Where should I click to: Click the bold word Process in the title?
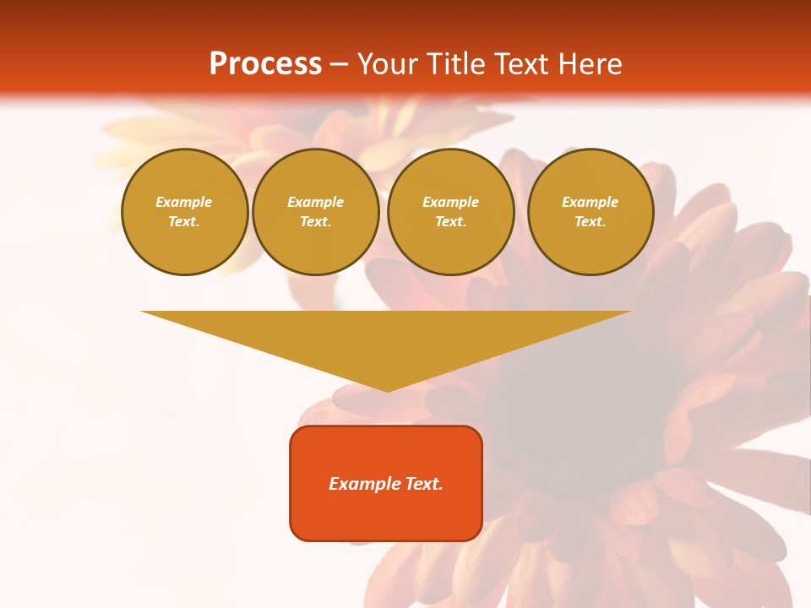tap(265, 64)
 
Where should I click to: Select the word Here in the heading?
tap(590, 64)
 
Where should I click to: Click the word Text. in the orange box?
tap(422, 484)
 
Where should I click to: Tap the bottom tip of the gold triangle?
tap(387, 390)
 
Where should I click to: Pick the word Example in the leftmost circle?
tap(184, 202)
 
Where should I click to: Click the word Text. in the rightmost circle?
tap(591, 221)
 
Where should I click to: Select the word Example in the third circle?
tap(451, 202)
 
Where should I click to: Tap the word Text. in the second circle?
tap(316, 221)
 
